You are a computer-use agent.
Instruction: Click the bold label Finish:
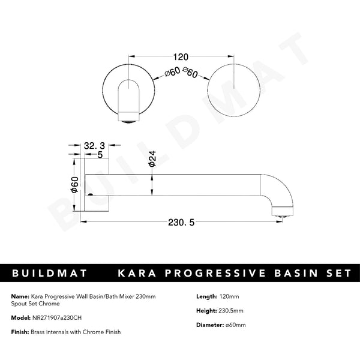click(21, 332)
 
